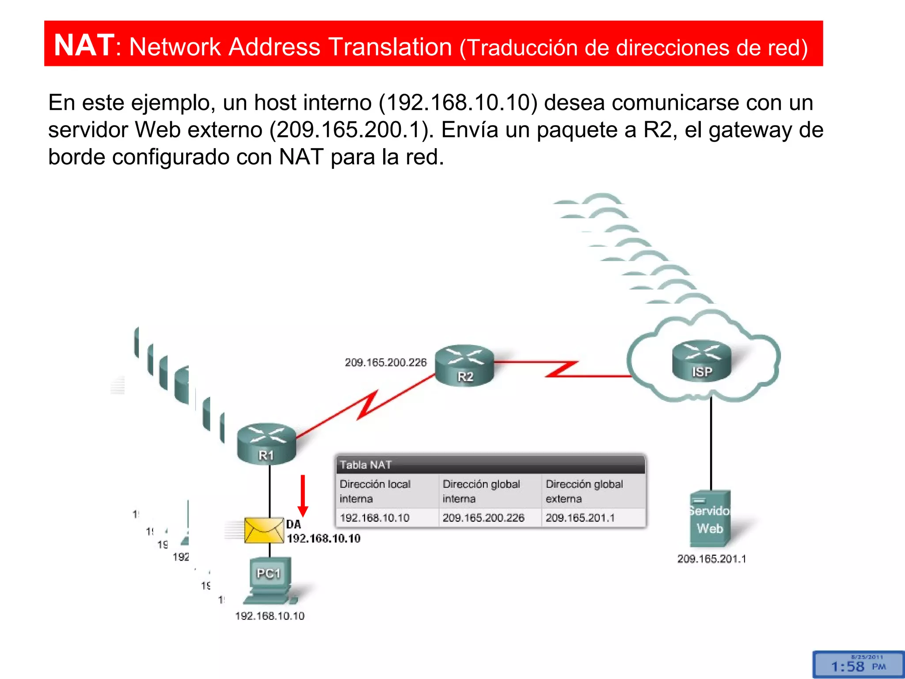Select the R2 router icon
pos(464,365)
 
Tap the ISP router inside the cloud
pos(702,361)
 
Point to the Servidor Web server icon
pos(710,519)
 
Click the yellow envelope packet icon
pos(264,530)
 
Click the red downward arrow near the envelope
pos(303,495)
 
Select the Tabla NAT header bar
pos(491,465)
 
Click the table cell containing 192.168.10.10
pos(375,518)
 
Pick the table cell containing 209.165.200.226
pos(483,518)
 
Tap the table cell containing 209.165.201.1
pos(580,518)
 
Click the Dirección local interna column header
pos(376,491)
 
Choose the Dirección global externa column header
pos(584,491)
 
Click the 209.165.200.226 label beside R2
pos(385,362)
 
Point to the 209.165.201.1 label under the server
pos(711,559)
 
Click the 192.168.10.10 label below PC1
pos(270,616)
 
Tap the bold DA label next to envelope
pos(293,524)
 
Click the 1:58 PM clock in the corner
pos(858,665)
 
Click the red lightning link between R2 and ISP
pos(561,369)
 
